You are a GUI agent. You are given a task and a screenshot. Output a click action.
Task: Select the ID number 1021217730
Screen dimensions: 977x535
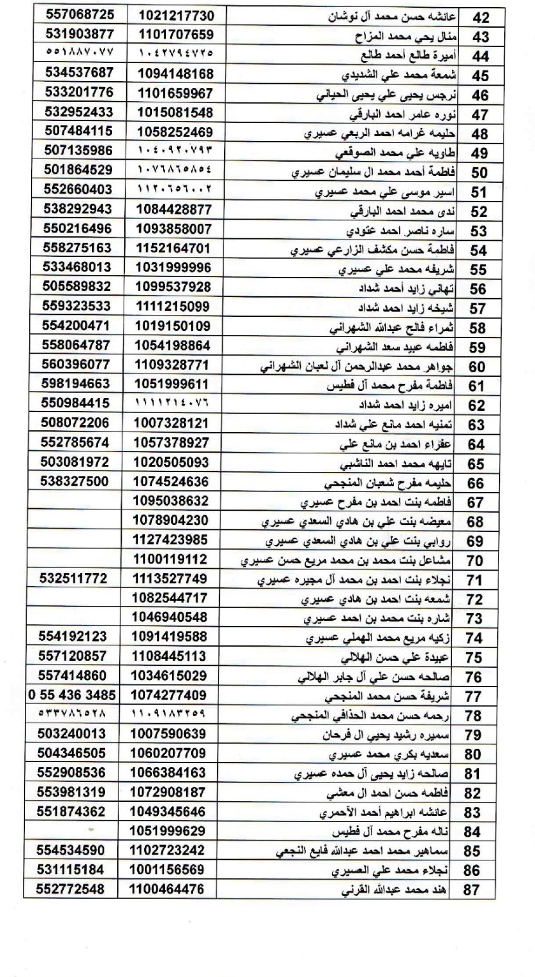pyautogui.click(x=175, y=13)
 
